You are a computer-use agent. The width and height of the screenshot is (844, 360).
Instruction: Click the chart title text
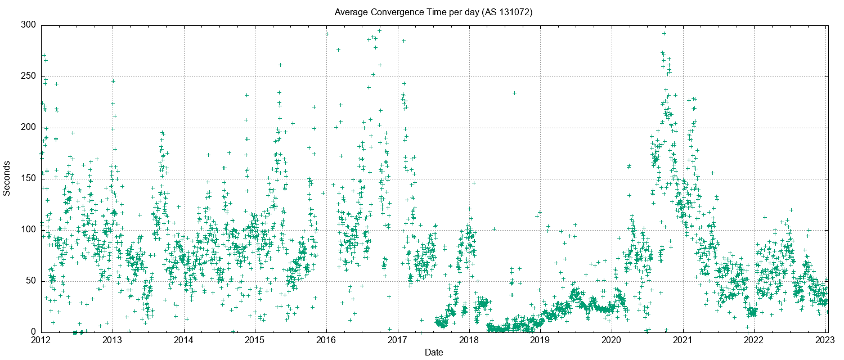pos(433,12)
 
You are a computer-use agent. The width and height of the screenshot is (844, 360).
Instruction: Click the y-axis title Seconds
pos(7,178)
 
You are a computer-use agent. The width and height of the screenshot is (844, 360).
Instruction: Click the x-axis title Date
pos(433,353)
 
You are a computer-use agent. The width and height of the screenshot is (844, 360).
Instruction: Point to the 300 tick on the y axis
pos(29,25)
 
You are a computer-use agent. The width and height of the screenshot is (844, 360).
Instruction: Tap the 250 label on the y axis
pos(29,76)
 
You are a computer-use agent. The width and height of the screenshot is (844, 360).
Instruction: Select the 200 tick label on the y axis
pos(29,128)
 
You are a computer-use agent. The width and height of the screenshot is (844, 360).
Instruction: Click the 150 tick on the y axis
pos(29,179)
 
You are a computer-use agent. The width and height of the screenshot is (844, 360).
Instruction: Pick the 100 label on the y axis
pos(29,230)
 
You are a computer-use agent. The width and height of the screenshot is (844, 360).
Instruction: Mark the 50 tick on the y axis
pos(32,281)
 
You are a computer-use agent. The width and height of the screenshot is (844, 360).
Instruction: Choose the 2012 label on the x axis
pos(41,341)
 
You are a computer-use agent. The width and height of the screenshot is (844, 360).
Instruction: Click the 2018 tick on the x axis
pos(469,341)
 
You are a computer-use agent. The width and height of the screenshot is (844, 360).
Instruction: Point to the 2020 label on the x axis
pos(612,341)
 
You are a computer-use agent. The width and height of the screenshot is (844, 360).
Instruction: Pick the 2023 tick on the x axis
pos(825,341)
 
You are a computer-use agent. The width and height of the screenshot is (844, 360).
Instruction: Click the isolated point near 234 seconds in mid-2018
pos(514,93)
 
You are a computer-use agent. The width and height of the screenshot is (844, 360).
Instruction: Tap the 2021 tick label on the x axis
pos(683,341)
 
